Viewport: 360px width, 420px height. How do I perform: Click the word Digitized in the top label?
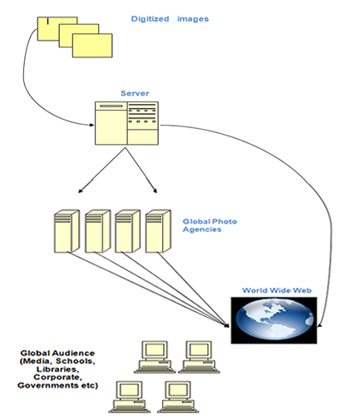point(150,19)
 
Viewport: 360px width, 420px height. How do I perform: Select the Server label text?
point(135,93)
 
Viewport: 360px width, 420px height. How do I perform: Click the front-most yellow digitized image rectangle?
point(92,46)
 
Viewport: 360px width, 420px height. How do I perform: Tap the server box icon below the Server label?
point(126,123)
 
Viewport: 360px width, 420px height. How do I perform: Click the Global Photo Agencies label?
point(210,225)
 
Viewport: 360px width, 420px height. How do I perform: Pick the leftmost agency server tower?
point(67,231)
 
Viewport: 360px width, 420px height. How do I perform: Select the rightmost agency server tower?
point(158,231)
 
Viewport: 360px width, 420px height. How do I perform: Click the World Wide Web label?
point(277,290)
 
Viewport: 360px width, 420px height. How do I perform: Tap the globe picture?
point(274,320)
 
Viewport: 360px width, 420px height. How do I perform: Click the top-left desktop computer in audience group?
point(155,357)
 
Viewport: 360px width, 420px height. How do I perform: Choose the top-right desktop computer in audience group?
point(199,357)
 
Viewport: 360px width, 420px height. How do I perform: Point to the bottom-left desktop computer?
point(129,397)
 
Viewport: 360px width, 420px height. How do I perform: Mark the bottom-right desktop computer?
point(178,397)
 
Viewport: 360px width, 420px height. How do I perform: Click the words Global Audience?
point(57,353)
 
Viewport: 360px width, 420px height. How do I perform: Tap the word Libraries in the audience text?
point(58,369)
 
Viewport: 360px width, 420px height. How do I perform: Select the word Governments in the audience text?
point(47,386)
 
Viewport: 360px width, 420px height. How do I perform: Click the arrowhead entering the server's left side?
point(91,125)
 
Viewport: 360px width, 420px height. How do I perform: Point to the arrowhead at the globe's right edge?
point(319,326)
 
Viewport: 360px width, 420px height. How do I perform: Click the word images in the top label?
point(193,19)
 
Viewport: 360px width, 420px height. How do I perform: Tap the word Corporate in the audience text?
point(58,378)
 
